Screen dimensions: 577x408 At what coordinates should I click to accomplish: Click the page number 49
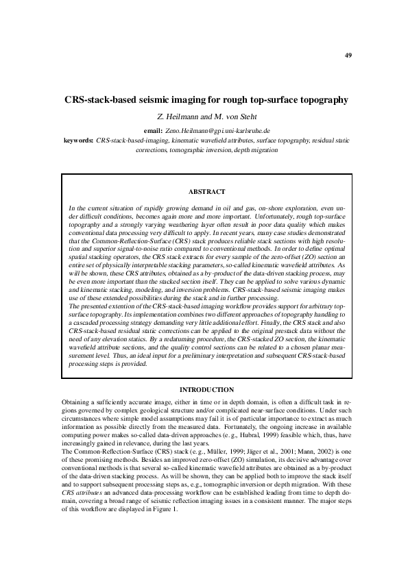[x=348, y=55]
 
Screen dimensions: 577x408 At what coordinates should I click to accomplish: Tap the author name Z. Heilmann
[x=181, y=116]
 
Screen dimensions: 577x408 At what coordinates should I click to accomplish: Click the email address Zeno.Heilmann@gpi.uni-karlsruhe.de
[x=217, y=130]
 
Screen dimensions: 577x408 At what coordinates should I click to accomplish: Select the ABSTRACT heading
[x=206, y=191]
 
